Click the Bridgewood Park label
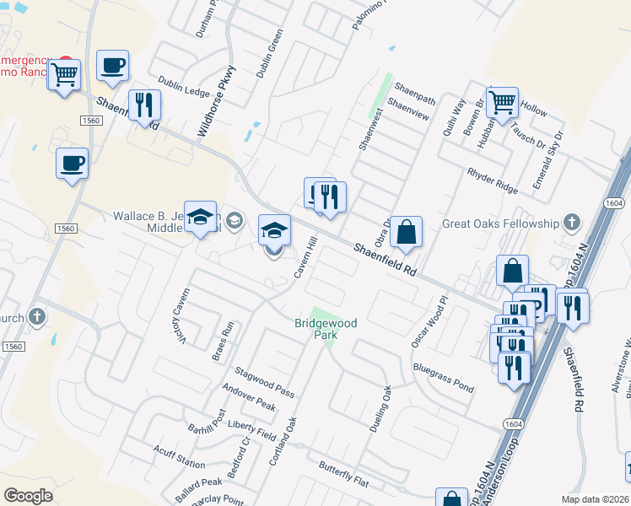click(326, 329)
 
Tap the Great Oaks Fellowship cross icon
click(572, 223)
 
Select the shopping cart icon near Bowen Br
click(502, 103)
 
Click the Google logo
click(29, 495)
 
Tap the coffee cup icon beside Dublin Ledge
click(112, 66)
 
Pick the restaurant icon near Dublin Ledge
click(143, 105)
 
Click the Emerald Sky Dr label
click(548, 159)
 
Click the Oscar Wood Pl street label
click(430, 321)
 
